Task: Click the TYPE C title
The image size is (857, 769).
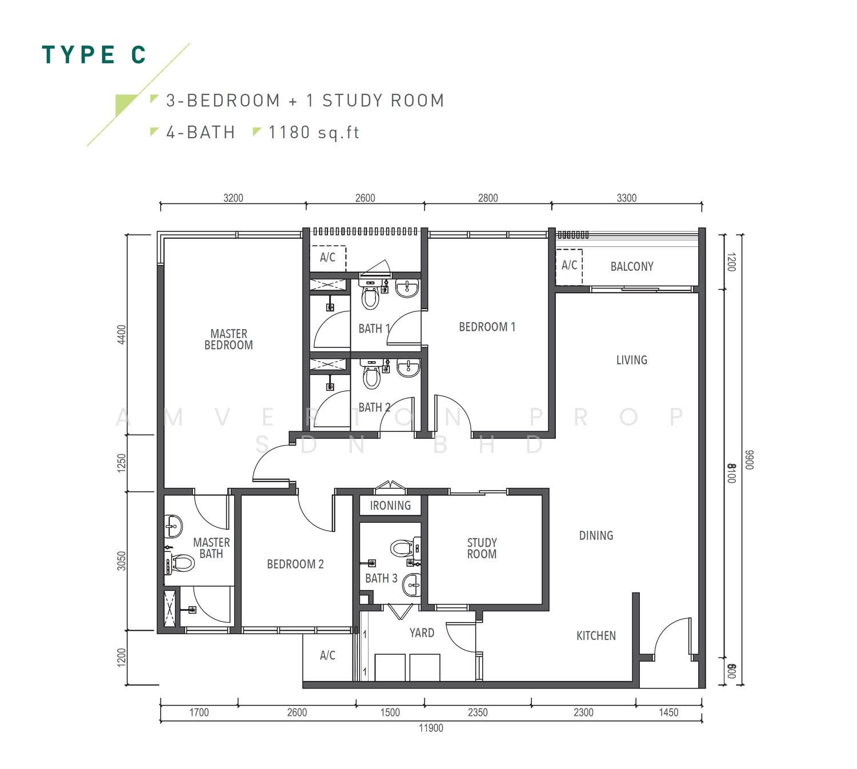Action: pyautogui.click(x=94, y=55)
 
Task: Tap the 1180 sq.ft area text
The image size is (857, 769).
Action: pyautogui.click(x=314, y=133)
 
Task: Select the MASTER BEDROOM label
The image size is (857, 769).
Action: pyautogui.click(x=229, y=339)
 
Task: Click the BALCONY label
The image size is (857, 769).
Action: pyautogui.click(x=631, y=266)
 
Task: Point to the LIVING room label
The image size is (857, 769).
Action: pyautogui.click(x=631, y=360)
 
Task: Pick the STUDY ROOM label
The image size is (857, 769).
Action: pyautogui.click(x=482, y=548)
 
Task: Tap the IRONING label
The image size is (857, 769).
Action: pyautogui.click(x=390, y=506)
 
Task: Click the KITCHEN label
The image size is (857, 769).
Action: pyautogui.click(x=595, y=636)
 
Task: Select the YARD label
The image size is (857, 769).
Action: pyautogui.click(x=422, y=633)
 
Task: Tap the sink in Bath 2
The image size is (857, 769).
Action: pyautogui.click(x=408, y=368)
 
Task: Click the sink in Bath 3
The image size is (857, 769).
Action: pyautogui.click(x=411, y=586)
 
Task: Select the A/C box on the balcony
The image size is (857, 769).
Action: pyautogui.click(x=569, y=267)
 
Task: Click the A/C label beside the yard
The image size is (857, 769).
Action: pyautogui.click(x=327, y=655)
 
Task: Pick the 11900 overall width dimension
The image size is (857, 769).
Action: pyautogui.click(x=431, y=728)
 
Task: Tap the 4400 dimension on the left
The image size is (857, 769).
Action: pyautogui.click(x=121, y=335)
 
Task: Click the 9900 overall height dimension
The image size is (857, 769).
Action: pyautogui.click(x=749, y=460)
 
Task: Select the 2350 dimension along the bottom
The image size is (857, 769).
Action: pyautogui.click(x=478, y=712)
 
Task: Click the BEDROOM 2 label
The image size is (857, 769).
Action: pyautogui.click(x=295, y=564)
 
